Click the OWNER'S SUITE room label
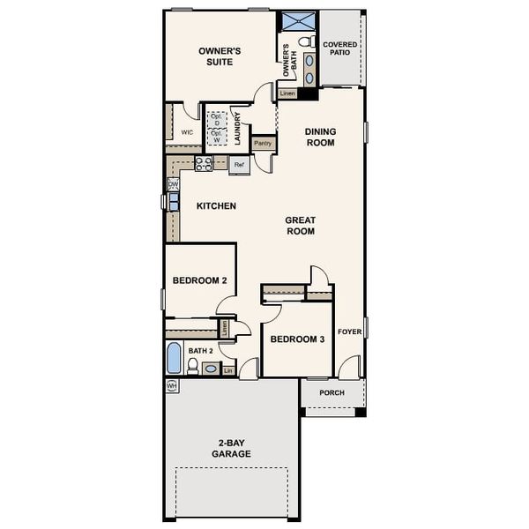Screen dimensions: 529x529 pyautogui.click(x=220, y=56)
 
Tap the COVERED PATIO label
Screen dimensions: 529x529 pyautogui.click(x=339, y=48)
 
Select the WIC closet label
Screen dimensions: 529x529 pyautogui.click(x=187, y=132)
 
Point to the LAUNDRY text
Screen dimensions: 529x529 pyautogui.click(x=237, y=128)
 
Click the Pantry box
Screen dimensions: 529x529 pyautogui.click(x=263, y=143)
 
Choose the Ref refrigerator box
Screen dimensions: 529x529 pyautogui.click(x=239, y=164)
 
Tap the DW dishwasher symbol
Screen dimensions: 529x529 pyautogui.click(x=173, y=184)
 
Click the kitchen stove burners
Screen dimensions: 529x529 pyautogui.click(x=203, y=163)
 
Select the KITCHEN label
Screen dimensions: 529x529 pyautogui.click(x=216, y=206)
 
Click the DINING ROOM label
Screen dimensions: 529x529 pyautogui.click(x=320, y=137)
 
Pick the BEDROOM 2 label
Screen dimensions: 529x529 pyautogui.click(x=200, y=280)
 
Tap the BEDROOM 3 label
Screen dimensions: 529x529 pyautogui.click(x=297, y=339)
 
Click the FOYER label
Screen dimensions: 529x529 pyautogui.click(x=349, y=333)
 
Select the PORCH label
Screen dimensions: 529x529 pyautogui.click(x=332, y=393)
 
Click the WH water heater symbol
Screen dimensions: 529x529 pyautogui.click(x=172, y=386)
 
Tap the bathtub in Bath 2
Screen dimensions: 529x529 pyautogui.click(x=174, y=360)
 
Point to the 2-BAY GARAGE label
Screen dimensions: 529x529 pyautogui.click(x=231, y=448)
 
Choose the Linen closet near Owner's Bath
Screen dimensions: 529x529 pyautogui.click(x=287, y=93)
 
